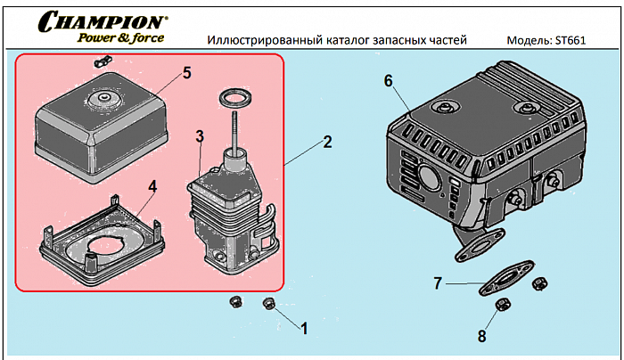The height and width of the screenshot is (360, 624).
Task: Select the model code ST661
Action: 570,40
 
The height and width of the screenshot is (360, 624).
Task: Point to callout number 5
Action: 187,73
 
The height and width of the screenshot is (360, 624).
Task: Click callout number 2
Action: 327,142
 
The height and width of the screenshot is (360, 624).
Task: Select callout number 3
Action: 201,135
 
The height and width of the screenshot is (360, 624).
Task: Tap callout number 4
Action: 152,186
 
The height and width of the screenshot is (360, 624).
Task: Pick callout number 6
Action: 388,80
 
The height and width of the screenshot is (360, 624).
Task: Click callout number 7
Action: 438,284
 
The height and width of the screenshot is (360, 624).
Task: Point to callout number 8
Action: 481,336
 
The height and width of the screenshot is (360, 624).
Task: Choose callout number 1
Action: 303,328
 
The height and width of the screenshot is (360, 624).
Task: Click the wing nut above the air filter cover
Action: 101,61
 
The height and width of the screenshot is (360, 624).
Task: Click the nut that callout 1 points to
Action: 269,305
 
